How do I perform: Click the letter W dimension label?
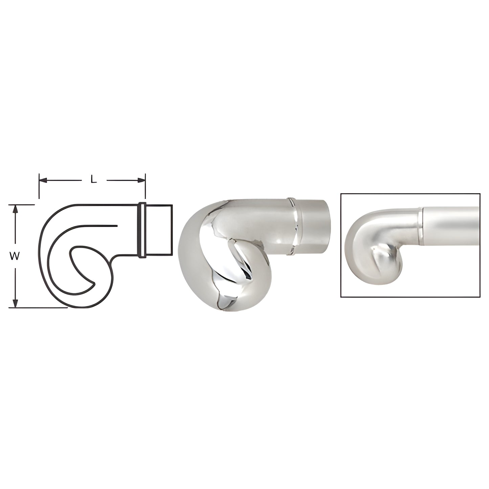pyautogui.click(x=14, y=256)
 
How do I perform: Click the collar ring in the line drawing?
pyautogui.click(x=142, y=230)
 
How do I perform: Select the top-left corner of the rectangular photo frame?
pyautogui.click(x=341, y=194)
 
